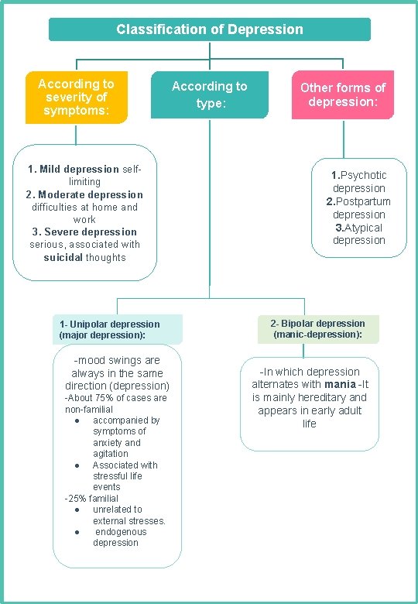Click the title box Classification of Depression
[x=210, y=29]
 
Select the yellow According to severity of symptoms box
[x=76, y=98]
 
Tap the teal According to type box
[x=210, y=94]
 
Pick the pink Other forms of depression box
[x=343, y=94]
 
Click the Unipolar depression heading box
[x=118, y=330]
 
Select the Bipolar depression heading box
[x=317, y=329]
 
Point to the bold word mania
[x=340, y=384]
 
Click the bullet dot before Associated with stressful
[x=79, y=465]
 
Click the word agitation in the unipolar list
[x=111, y=454]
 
